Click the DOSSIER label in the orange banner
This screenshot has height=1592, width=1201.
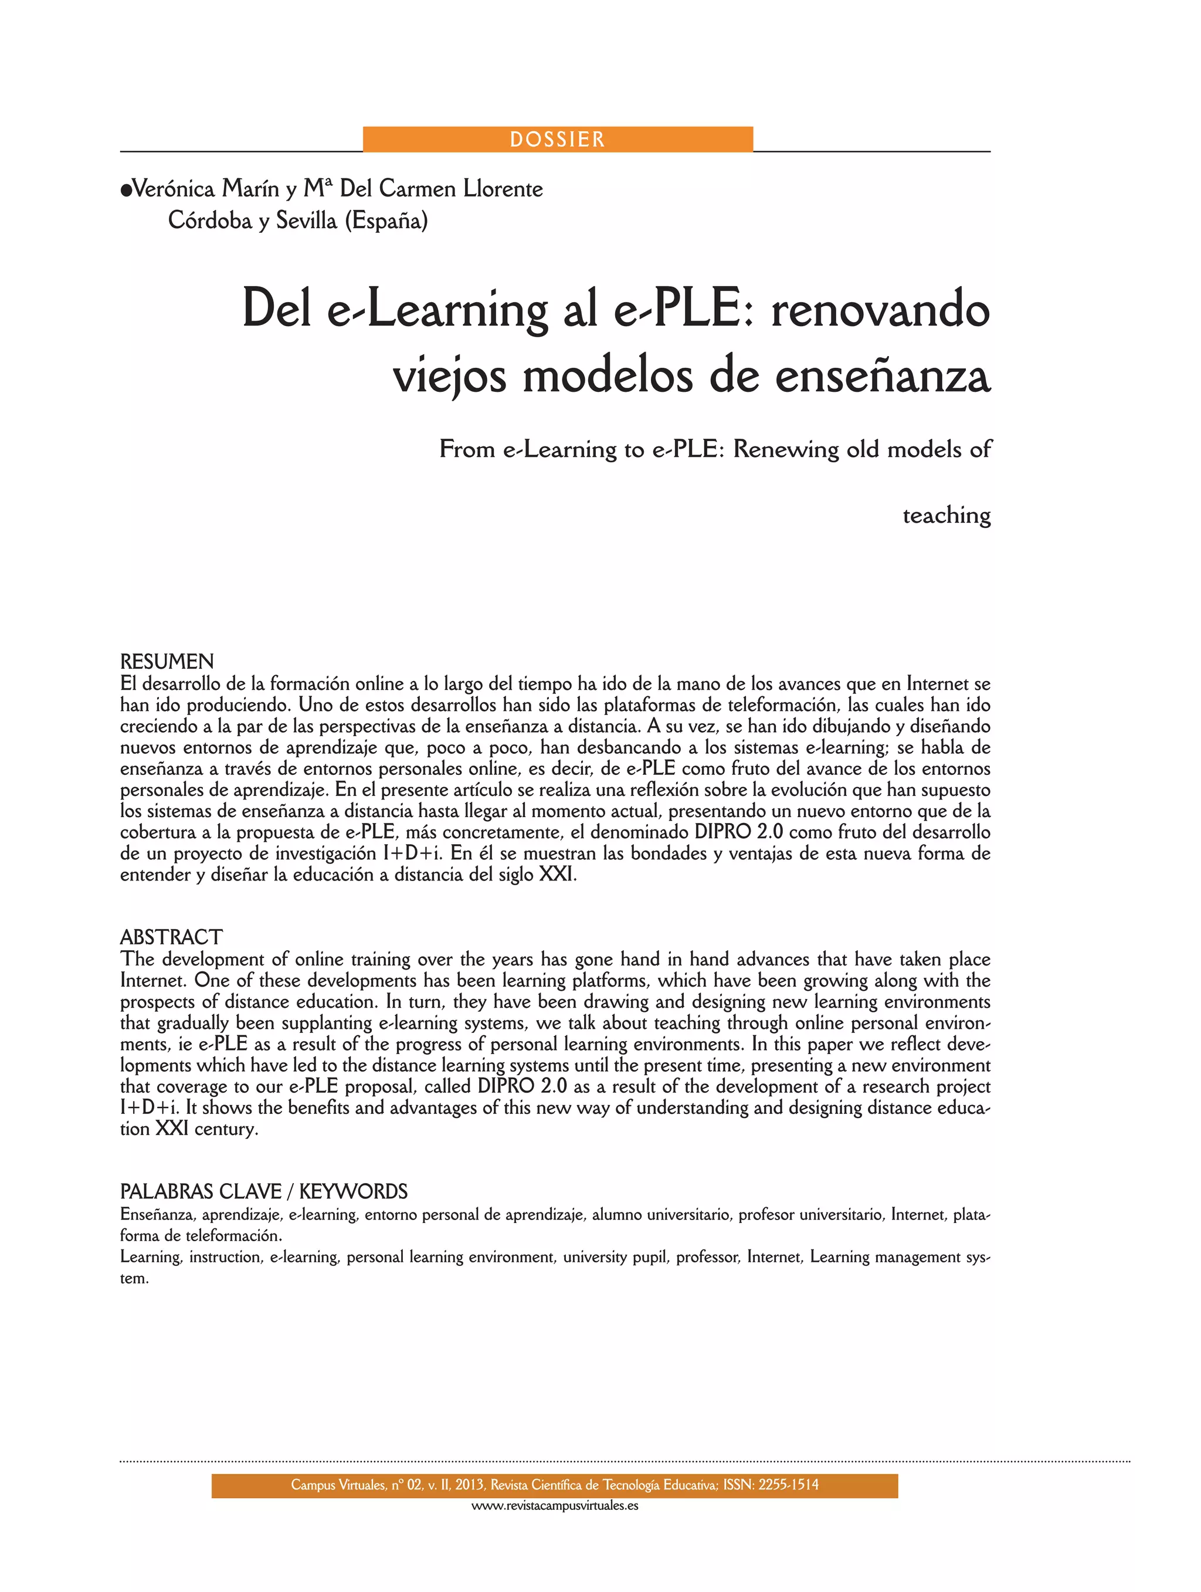557,139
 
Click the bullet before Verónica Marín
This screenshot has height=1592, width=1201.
126,190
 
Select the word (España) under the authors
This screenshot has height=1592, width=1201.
386,220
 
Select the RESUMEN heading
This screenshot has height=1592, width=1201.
167,662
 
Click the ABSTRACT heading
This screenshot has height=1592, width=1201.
171,937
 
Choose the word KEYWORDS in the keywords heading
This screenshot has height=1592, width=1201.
353,1192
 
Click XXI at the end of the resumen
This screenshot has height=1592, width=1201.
557,875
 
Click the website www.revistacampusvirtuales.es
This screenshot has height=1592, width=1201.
555,1506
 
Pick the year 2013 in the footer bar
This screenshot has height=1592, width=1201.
469,1485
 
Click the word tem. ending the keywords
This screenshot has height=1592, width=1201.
134,1279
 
